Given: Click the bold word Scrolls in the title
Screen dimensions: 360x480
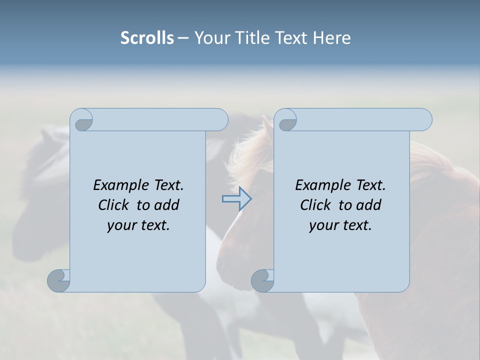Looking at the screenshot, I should tap(147, 38).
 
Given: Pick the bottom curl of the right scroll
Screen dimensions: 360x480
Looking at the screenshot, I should tap(262, 280).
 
